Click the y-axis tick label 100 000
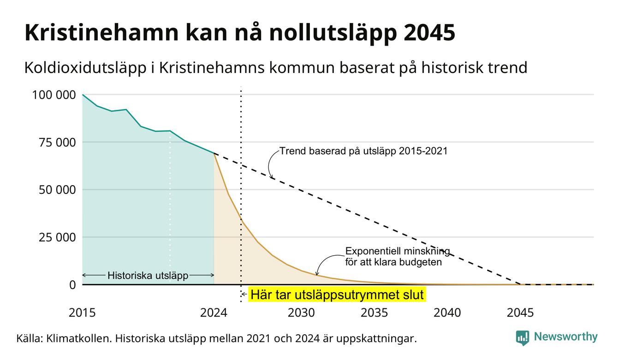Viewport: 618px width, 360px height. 54,95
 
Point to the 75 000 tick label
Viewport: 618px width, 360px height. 57,143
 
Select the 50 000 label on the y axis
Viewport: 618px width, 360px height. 57,190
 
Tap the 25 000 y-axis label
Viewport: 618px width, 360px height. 57,237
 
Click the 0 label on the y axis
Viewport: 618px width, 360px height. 72,285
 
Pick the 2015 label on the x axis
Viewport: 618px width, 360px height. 82,313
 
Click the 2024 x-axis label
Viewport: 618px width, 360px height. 214,313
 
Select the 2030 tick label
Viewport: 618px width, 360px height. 301,313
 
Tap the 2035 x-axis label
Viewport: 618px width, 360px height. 374,313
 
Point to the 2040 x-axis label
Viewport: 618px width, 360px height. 447,313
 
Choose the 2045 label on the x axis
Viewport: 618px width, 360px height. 520,313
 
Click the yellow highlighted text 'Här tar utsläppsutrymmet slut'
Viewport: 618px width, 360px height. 337,294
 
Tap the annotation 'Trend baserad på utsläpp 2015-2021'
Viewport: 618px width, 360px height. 363,151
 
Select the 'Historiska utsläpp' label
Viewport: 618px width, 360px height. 148,276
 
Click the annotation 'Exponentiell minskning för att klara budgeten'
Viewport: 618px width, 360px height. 398,257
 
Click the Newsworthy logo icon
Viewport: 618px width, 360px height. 522,338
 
